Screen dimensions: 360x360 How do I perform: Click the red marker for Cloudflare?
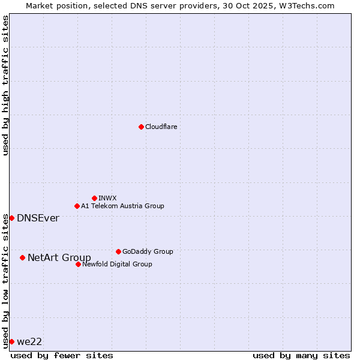point(141,127)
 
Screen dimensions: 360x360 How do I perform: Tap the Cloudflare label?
point(161,127)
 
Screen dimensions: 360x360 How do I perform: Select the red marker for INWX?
point(94,198)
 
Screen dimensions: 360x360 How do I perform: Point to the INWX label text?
point(107,198)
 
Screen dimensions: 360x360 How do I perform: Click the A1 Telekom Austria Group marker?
point(77,206)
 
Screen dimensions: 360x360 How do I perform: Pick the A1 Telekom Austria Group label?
point(122,206)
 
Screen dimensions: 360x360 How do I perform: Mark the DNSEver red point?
point(11,218)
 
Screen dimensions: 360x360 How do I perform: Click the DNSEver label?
point(38,218)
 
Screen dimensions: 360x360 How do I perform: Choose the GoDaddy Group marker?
point(118,251)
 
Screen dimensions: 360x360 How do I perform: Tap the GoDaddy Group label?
point(148,251)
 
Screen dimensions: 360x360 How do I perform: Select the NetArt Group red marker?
point(22,257)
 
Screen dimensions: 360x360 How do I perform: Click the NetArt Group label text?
point(59,257)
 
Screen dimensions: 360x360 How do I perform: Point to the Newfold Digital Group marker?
point(78,264)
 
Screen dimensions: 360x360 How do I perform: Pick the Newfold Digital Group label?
point(117,264)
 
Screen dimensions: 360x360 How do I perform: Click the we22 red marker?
point(11,341)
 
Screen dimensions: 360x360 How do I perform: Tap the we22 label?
point(29,341)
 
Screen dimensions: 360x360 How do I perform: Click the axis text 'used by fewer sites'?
point(62,355)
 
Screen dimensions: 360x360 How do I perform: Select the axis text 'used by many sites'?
point(301,355)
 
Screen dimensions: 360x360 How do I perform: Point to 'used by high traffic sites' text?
point(5,85)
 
